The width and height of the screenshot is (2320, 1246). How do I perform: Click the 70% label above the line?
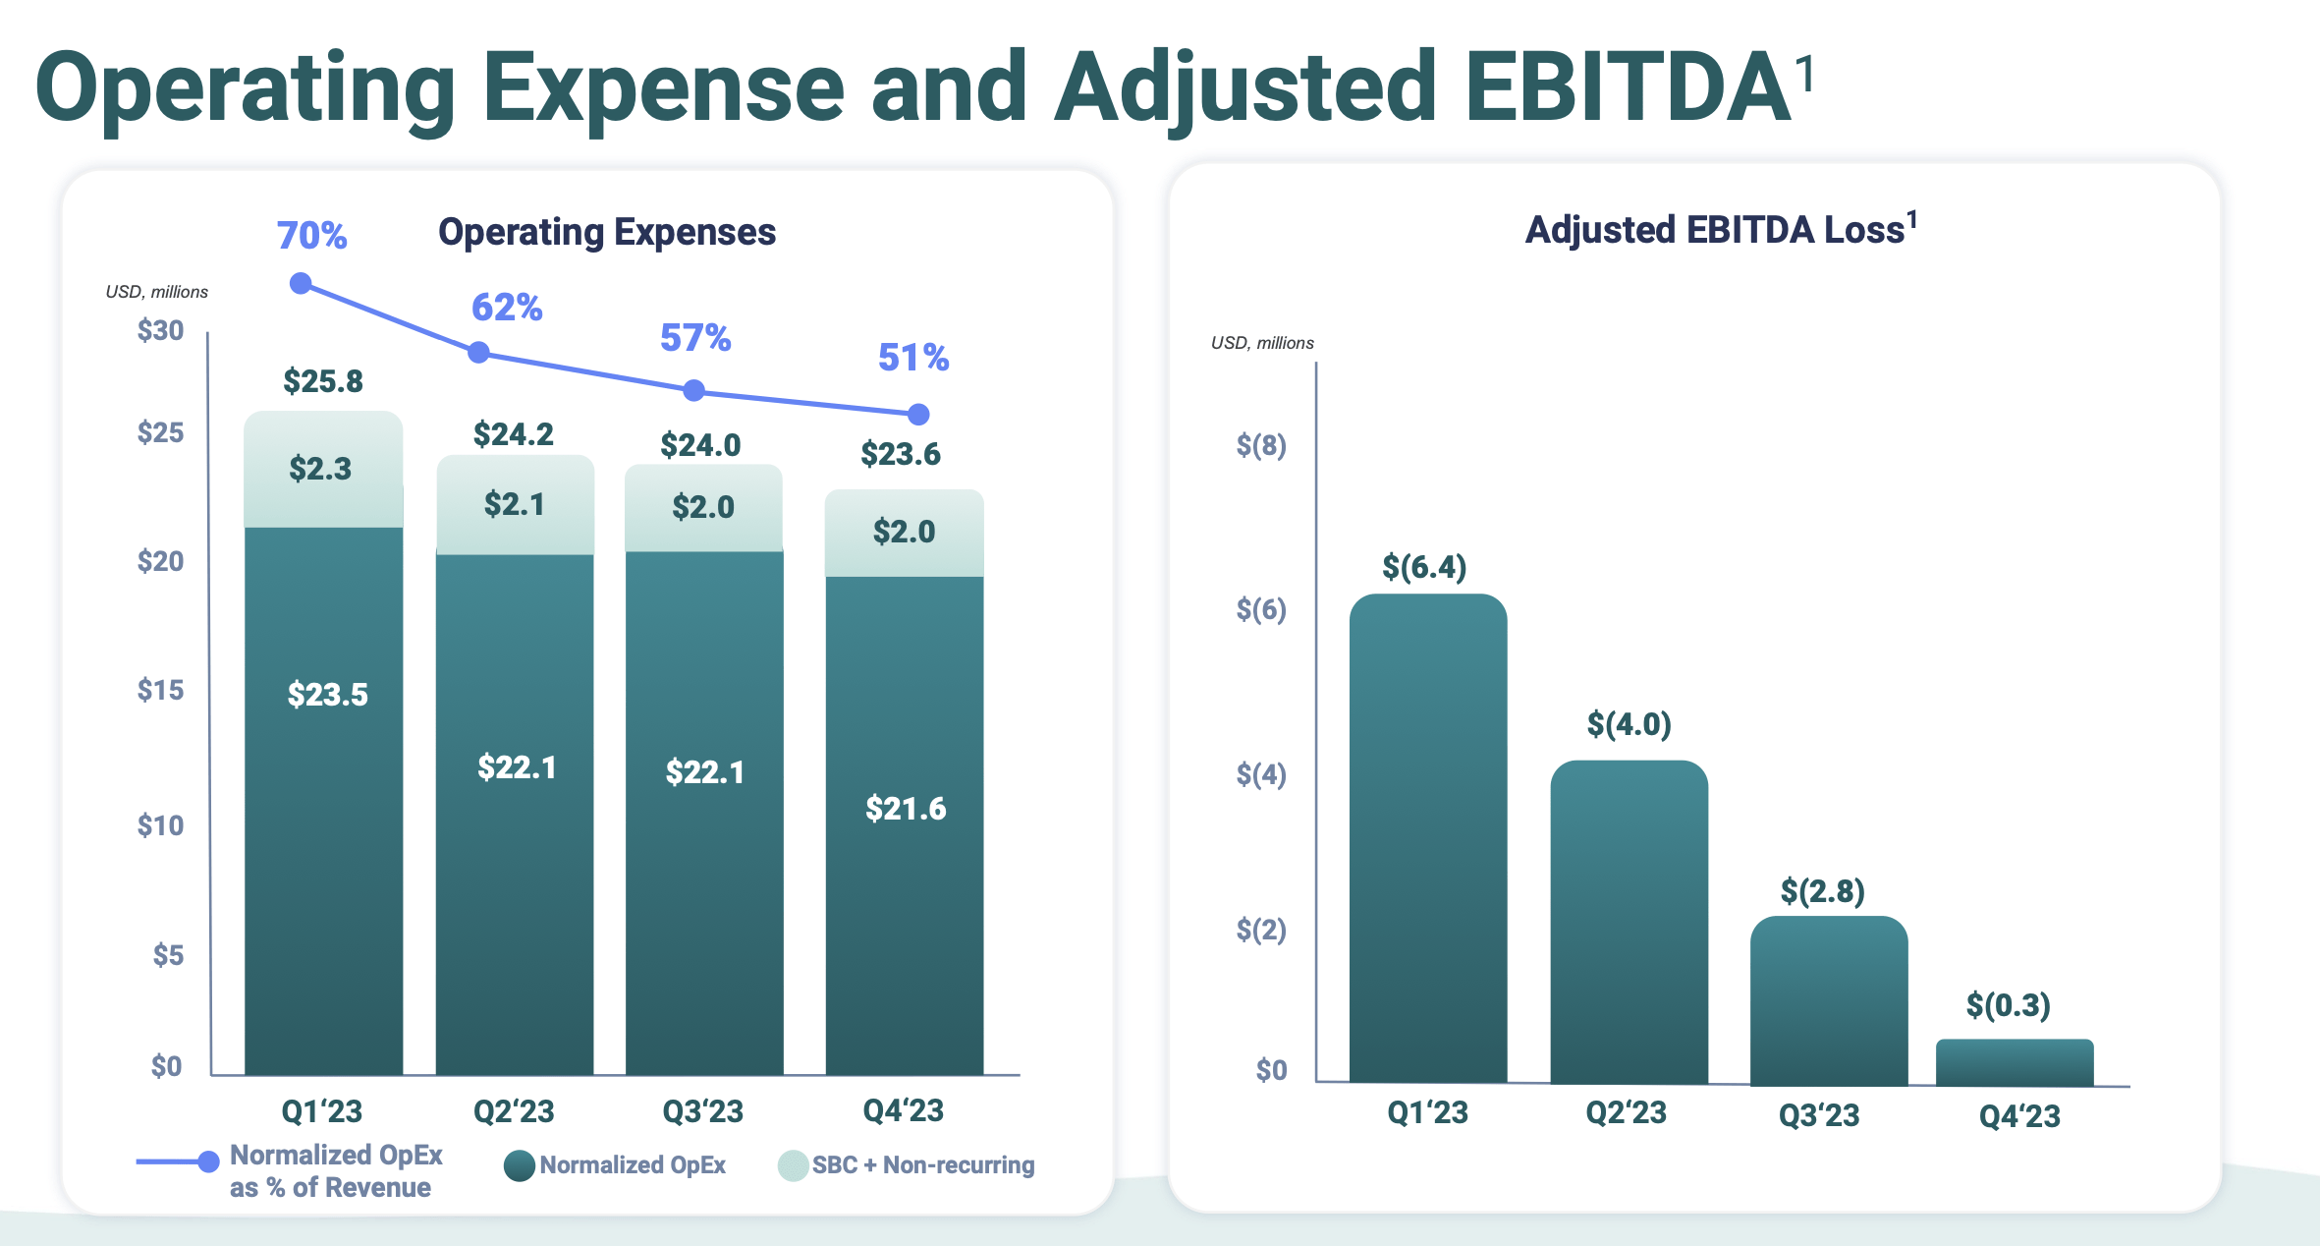(311, 236)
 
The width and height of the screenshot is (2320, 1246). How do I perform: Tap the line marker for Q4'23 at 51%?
(918, 415)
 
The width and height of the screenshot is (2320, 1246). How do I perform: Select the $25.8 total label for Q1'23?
(323, 381)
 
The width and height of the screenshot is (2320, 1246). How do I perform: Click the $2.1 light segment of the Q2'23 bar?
(515, 505)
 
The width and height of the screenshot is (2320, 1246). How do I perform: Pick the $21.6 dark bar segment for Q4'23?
(905, 809)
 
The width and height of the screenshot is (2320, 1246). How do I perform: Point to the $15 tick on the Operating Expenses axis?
(160, 690)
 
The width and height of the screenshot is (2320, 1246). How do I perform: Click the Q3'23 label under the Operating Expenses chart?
(702, 1111)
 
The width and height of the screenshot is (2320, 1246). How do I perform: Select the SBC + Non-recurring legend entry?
(922, 1164)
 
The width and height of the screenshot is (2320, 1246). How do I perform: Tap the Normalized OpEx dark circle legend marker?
(520, 1165)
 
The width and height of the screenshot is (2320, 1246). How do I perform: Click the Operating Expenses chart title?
(607, 232)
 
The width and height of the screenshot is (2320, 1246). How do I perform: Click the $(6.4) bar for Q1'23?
(1427, 835)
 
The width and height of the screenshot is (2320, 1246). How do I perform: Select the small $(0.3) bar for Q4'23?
(2014, 1062)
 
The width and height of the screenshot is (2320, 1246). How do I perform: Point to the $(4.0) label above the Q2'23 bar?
(1629, 725)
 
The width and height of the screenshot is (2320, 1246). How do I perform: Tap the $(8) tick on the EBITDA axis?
(1261, 446)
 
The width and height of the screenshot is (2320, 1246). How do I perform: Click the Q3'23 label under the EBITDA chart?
(1819, 1115)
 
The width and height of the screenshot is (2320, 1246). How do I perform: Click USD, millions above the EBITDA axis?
(1262, 343)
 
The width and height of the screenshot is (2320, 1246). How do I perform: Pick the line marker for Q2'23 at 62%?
(478, 352)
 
